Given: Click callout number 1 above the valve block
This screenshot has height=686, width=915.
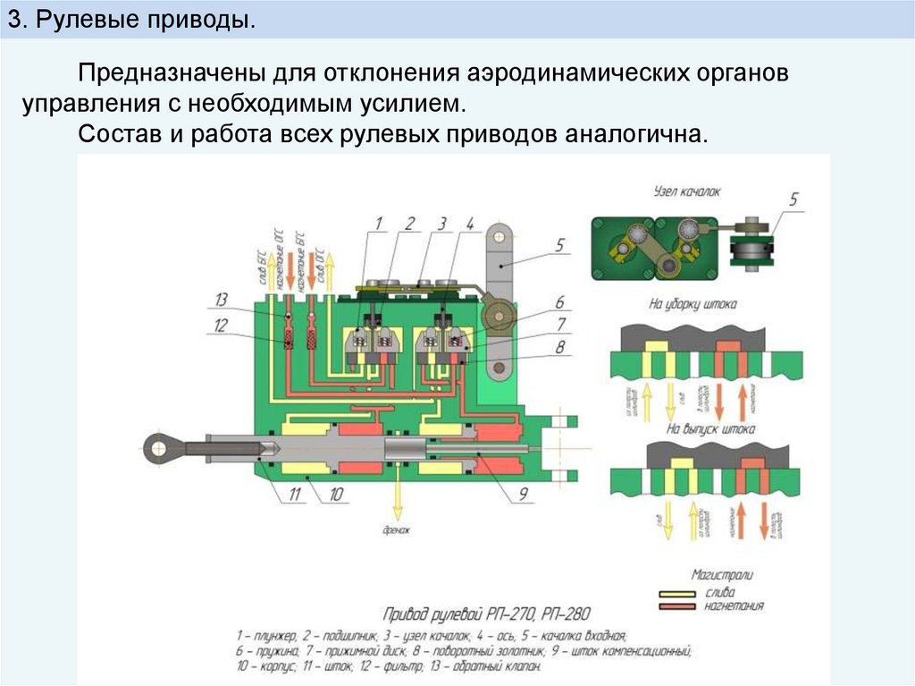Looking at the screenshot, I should [378, 223].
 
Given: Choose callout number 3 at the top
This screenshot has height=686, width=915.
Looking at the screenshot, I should [441, 223].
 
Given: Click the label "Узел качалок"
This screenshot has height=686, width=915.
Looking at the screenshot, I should [686, 191].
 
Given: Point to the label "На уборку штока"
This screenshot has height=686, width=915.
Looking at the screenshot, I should [693, 304].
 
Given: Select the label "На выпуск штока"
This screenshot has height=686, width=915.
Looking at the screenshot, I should [699, 429].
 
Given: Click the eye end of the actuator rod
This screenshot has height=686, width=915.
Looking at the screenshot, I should [162, 445].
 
